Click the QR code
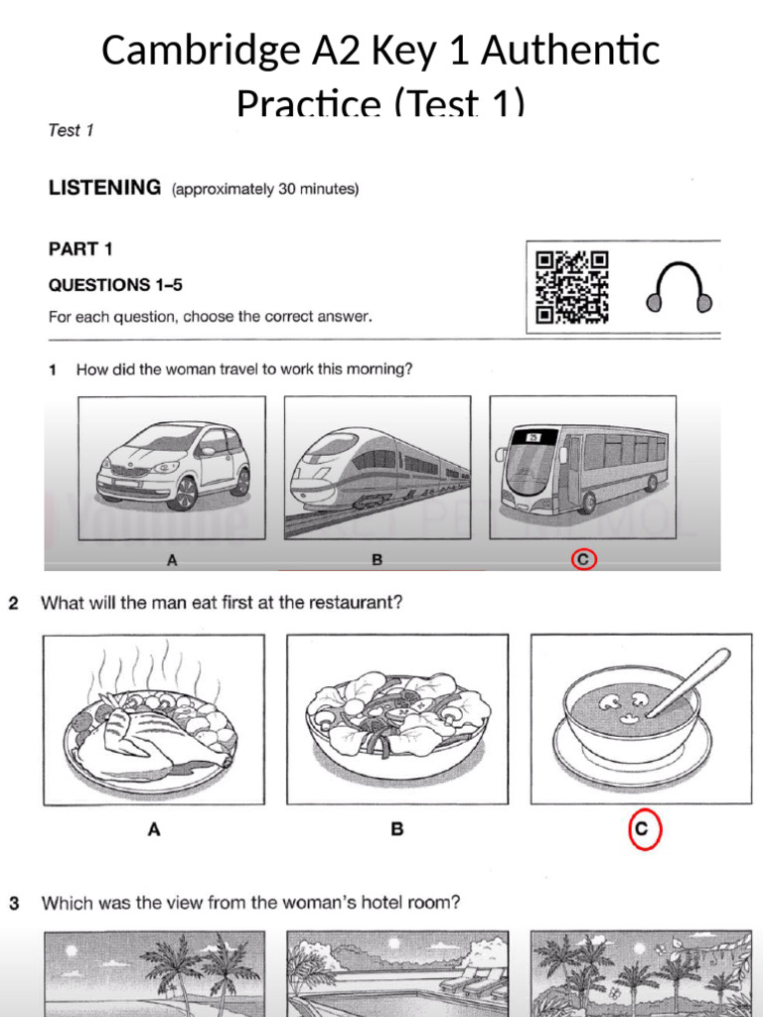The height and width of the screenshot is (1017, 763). [x=572, y=288]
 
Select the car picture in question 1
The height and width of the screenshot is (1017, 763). [x=172, y=467]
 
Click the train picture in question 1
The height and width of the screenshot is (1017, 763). [x=378, y=467]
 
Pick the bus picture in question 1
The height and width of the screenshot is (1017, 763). [x=583, y=467]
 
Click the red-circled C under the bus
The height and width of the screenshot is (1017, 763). [x=584, y=560]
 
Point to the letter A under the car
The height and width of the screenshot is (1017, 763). [x=172, y=560]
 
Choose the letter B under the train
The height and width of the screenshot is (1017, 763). [x=378, y=560]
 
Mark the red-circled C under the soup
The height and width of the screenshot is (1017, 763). [x=644, y=830]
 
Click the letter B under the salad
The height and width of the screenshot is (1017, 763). [x=397, y=830]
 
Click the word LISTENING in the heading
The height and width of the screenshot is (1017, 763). [x=104, y=187]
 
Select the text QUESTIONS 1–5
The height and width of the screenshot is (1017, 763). [x=115, y=285]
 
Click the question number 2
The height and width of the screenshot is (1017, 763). [x=15, y=603]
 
